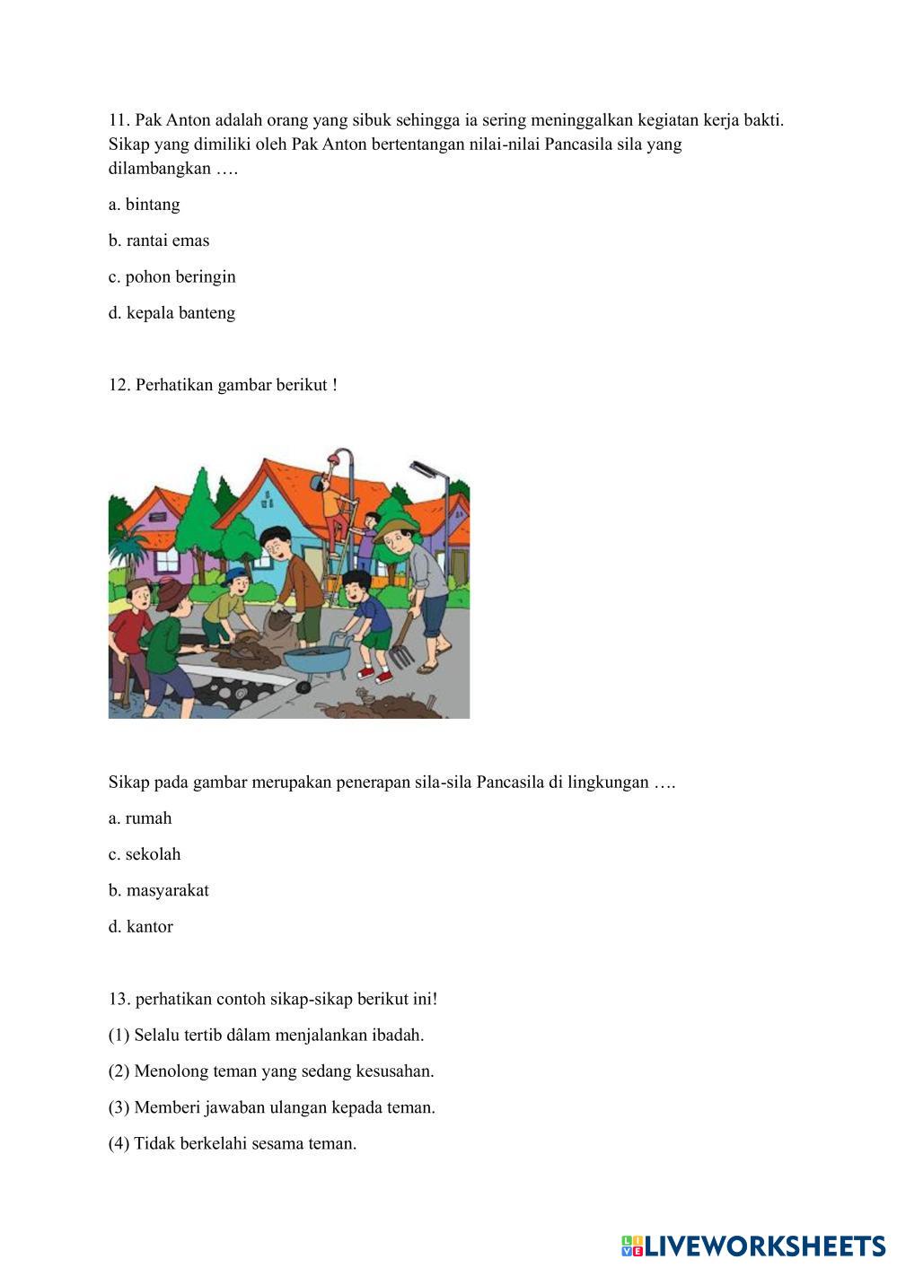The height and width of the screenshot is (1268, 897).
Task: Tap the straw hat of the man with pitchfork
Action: tap(393, 527)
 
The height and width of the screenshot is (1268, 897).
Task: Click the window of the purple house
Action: tap(168, 561)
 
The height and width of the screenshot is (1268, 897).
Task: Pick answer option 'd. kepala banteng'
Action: tap(171, 313)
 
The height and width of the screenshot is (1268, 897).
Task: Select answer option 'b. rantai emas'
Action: tap(159, 240)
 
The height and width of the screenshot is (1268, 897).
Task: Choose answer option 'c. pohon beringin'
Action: tap(171, 277)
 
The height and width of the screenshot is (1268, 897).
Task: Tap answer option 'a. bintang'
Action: tap(144, 205)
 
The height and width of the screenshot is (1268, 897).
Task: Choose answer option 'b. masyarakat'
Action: tap(158, 890)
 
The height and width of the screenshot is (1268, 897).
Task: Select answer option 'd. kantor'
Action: tap(140, 927)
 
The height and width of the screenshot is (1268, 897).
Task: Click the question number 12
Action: tap(119, 385)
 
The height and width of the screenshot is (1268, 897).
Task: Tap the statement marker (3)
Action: tap(119, 1107)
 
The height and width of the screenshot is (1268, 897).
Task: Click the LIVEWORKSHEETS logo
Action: tap(752, 1246)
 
